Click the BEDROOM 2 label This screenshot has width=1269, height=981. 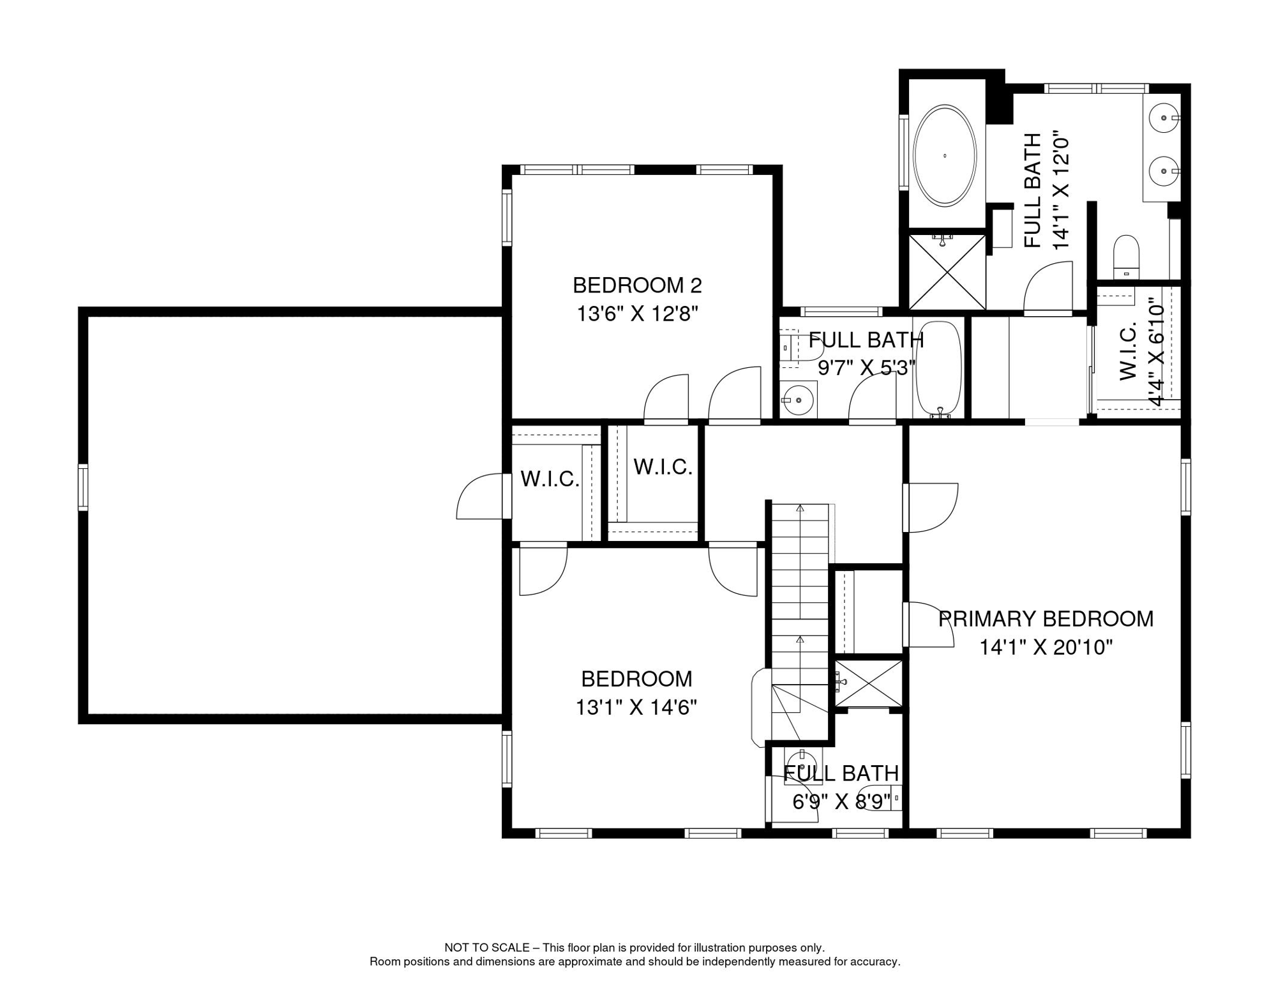[x=636, y=285]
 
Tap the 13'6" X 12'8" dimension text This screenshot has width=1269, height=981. [x=636, y=314]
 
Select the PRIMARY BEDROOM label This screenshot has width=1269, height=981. [x=1046, y=619]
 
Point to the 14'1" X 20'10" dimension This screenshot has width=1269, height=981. [x=1046, y=648]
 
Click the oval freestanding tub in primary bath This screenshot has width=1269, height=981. [x=944, y=155]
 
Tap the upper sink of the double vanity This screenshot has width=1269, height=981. [x=1164, y=118]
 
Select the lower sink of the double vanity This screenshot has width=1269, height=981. [x=1164, y=171]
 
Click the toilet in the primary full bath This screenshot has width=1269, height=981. [x=1126, y=255]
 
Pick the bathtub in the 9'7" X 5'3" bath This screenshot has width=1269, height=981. [x=938, y=369]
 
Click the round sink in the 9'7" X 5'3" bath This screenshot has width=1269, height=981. [x=798, y=400]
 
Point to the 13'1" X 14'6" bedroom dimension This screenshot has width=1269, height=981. [x=636, y=708]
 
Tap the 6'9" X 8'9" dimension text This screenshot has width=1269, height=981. [x=841, y=802]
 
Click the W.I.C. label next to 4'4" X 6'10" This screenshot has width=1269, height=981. [x=1129, y=351]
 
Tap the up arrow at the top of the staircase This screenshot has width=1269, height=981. [x=800, y=508]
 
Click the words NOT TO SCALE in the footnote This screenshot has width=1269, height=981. [x=486, y=948]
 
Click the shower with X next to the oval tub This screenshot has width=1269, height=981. [x=947, y=272]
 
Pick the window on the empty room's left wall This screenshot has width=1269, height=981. [x=83, y=487]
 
